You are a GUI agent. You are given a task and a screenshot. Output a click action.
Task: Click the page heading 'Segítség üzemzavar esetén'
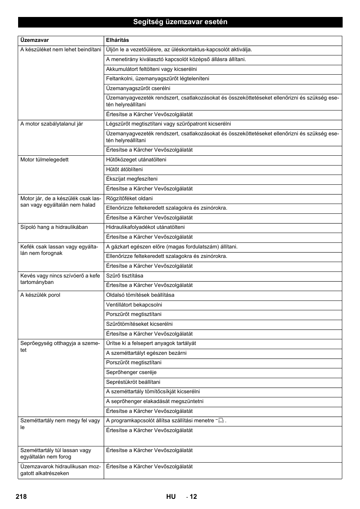(180, 22)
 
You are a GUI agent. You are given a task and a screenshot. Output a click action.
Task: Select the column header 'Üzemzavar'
(34, 40)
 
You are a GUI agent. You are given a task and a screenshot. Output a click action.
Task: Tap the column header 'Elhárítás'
(117, 40)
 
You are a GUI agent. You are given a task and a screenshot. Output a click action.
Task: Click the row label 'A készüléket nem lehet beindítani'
(60, 49)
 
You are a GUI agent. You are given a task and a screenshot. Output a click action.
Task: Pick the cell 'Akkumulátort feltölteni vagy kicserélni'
(151, 69)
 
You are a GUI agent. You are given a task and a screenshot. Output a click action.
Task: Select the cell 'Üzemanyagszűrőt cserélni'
(138, 88)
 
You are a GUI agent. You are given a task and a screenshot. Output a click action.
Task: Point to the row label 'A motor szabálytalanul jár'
(52, 124)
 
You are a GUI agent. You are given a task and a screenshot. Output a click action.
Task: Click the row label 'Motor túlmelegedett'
(45, 159)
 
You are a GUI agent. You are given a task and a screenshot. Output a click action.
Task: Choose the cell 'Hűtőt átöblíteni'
(125, 169)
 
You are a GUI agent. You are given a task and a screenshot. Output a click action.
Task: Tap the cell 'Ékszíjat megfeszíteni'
(132, 179)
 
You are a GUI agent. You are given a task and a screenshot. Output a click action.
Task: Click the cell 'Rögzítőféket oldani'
(129, 198)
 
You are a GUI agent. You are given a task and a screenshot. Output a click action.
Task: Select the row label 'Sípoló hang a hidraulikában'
(54, 227)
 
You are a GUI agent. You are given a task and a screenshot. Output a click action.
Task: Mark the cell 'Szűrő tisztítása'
(125, 276)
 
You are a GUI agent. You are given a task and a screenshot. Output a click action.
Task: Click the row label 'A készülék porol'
(40, 295)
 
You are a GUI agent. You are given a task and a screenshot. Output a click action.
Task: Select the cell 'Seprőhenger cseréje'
(131, 372)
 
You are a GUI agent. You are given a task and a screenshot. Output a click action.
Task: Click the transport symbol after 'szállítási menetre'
(221, 420)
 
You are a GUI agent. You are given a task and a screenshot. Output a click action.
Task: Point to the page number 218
(21, 497)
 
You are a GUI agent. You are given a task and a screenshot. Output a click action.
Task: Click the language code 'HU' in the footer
(171, 497)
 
